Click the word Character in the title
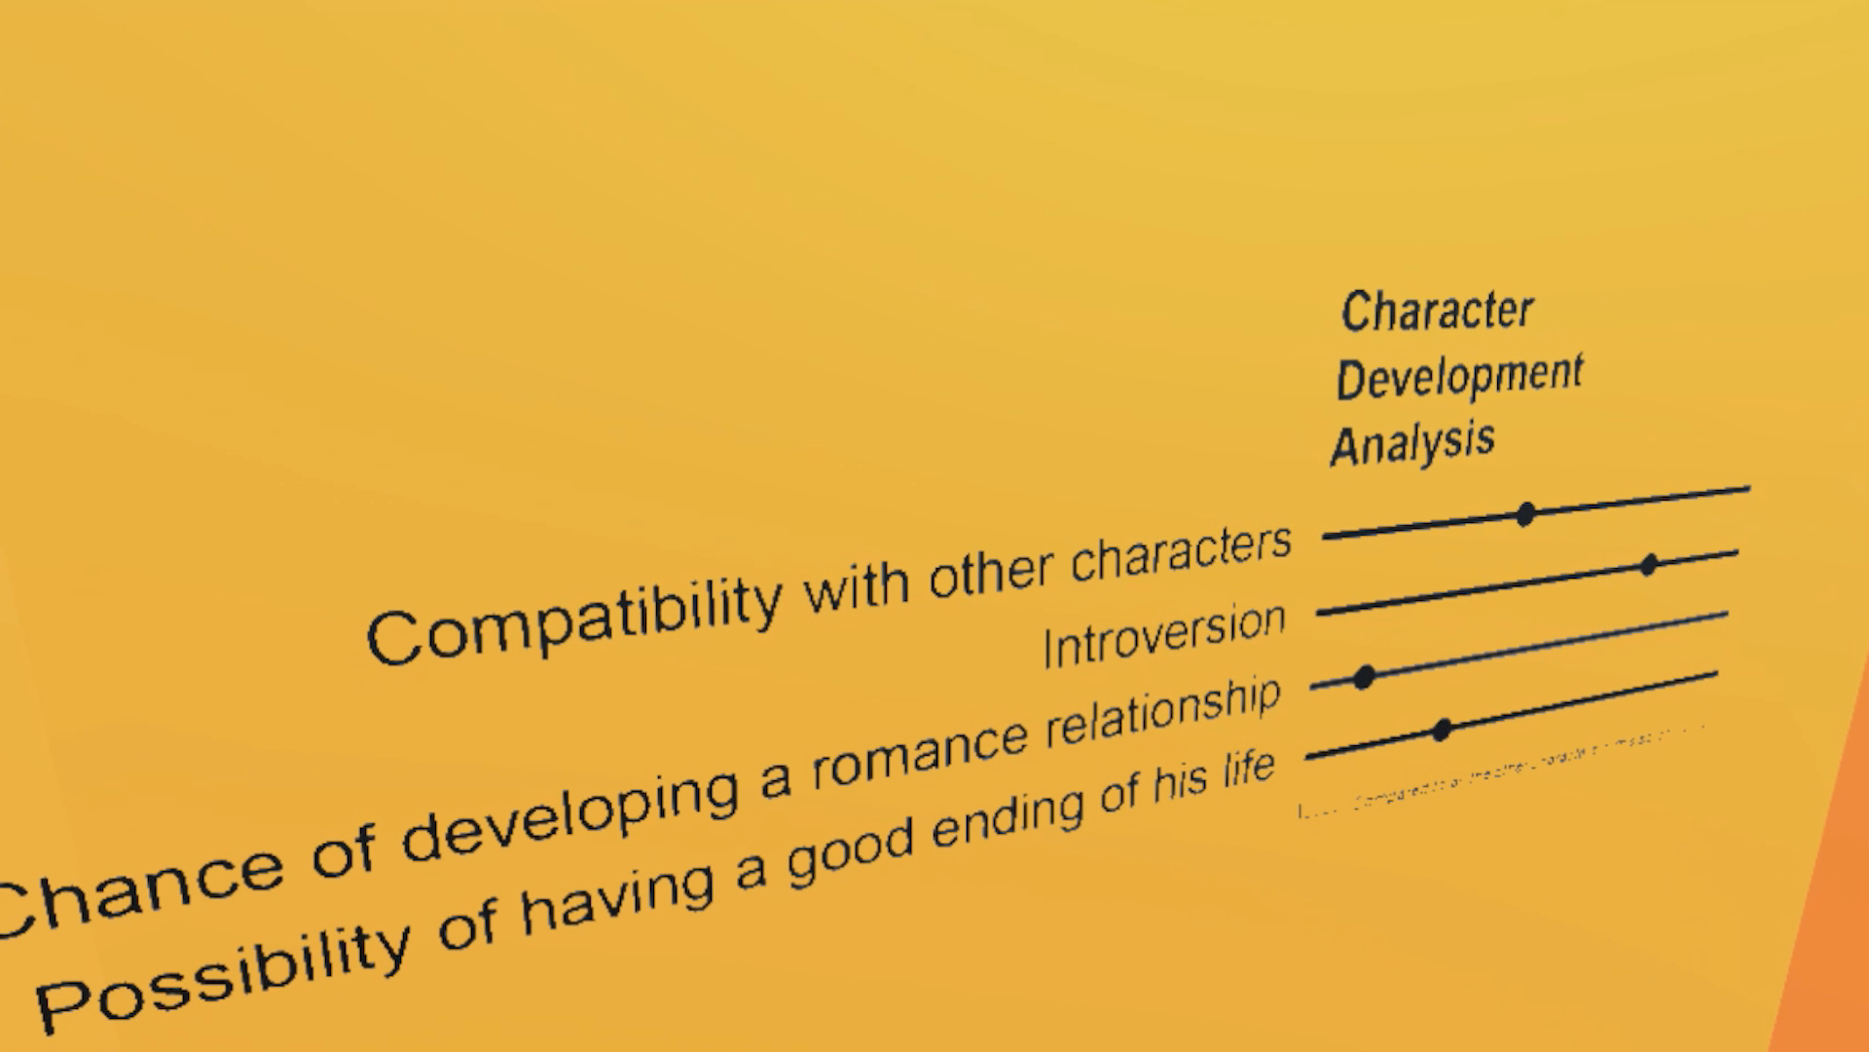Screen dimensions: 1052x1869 1437,312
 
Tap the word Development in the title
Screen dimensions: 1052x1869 1459,377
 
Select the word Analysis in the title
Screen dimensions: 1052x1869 1411,444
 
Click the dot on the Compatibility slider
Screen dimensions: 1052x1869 1525,514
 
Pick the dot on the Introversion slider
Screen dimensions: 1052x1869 1648,565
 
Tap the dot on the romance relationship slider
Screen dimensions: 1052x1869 1365,676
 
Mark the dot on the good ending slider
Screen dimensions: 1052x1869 1443,730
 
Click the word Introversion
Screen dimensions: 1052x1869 1164,634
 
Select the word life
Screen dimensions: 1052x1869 1248,770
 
